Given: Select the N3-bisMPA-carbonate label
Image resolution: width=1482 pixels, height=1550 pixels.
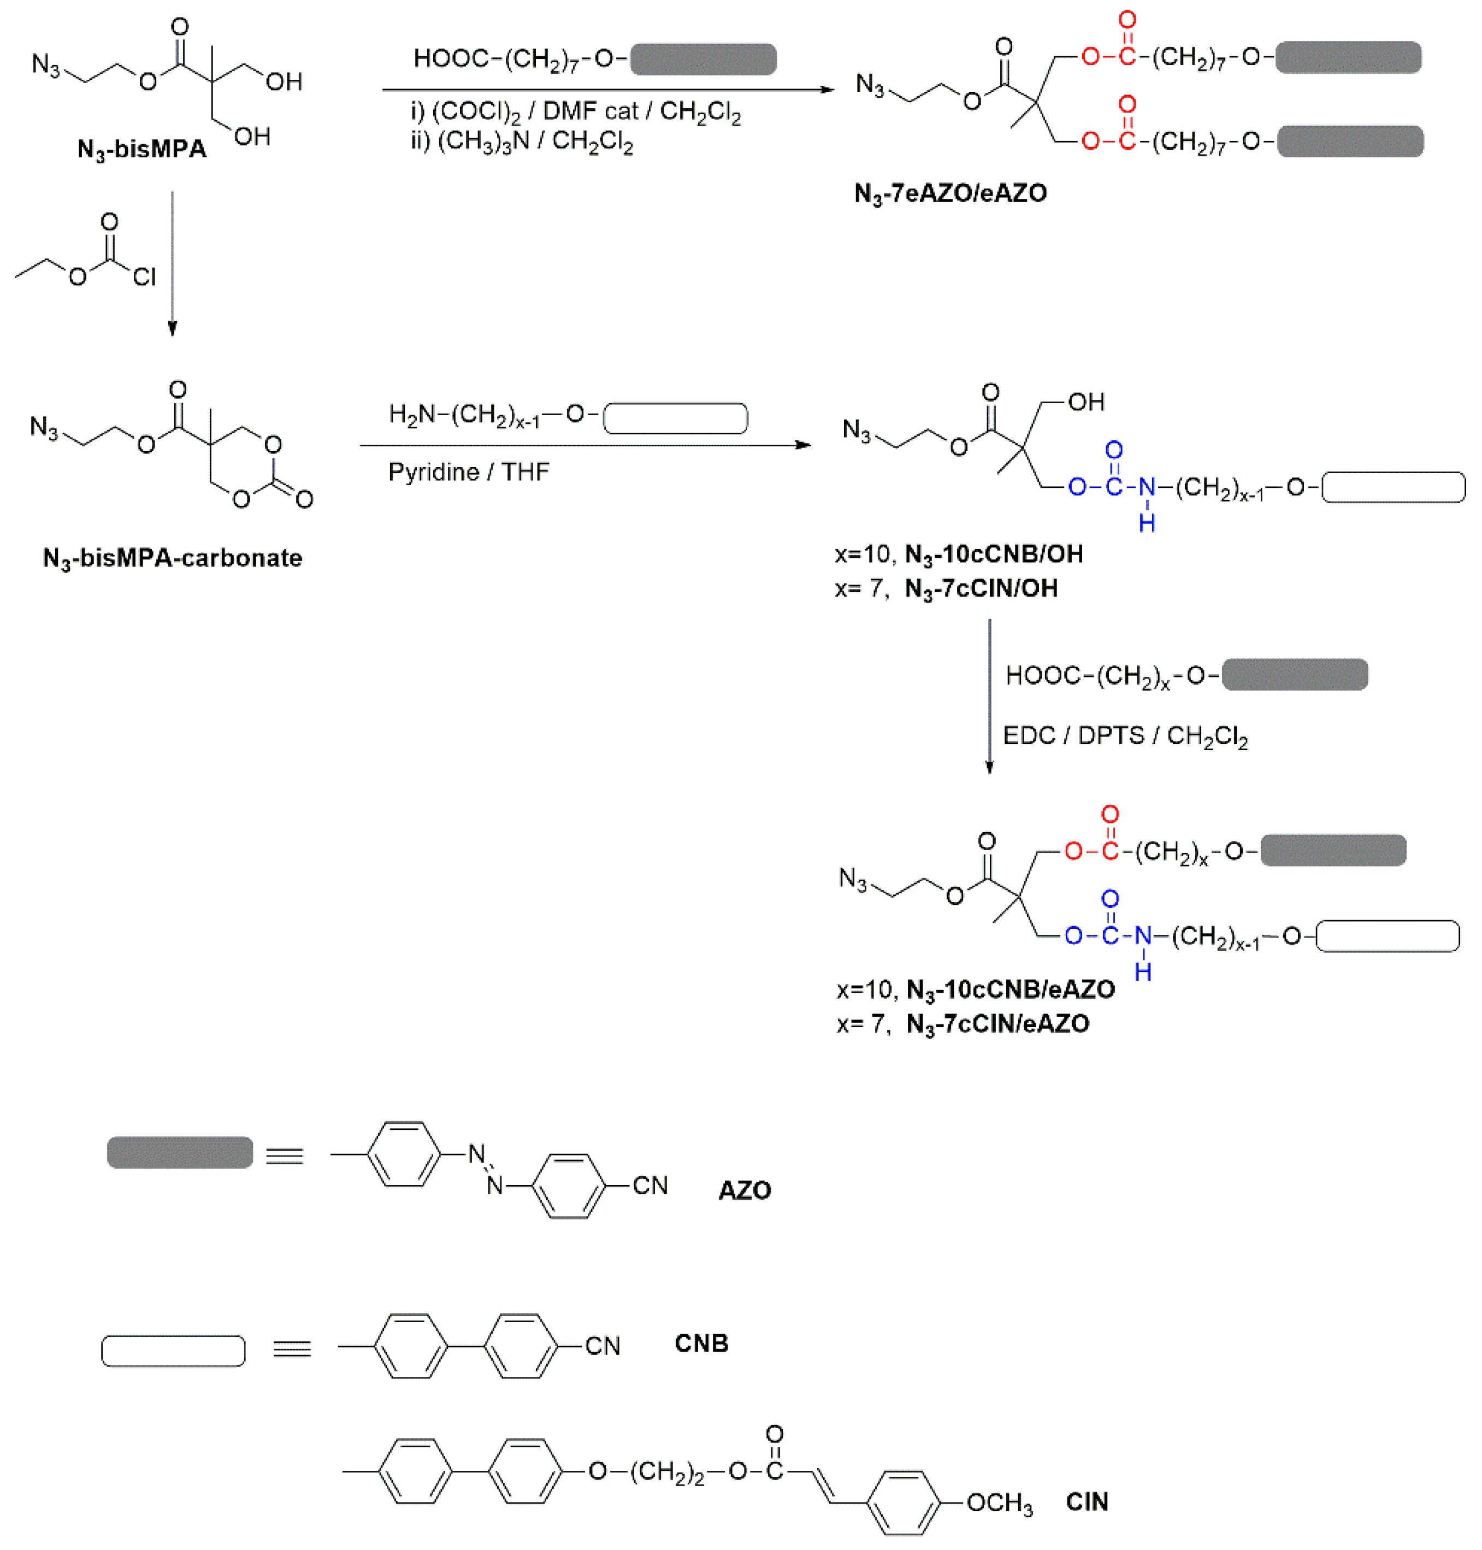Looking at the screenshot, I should (172, 558).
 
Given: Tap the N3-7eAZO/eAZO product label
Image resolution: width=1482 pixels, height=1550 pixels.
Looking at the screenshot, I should (950, 193).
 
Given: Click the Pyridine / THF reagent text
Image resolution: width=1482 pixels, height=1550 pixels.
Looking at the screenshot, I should (469, 473).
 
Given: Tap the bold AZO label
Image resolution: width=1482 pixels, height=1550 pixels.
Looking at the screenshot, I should (744, 1191).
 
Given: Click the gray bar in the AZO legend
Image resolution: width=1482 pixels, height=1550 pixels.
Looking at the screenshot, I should (180, 1153).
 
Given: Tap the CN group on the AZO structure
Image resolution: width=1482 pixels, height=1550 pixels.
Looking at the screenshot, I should (650, 1186).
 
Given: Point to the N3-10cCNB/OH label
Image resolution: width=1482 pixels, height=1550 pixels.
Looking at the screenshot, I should (994, 555).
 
